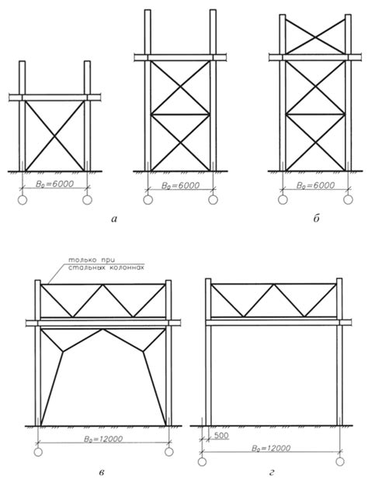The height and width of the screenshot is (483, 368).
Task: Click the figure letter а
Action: coord(114,219)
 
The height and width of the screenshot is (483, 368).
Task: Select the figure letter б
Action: coord(316,219)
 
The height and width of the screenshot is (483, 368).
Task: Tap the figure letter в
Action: coord(102,472)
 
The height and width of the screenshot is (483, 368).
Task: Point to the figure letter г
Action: coord(272,472)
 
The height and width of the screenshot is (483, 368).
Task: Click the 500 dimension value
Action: coord(220,436)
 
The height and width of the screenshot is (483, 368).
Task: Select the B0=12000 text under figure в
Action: coord(103,439)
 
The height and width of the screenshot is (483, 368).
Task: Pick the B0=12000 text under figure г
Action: coord(271,448)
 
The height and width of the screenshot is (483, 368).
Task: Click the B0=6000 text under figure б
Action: coord(315,185)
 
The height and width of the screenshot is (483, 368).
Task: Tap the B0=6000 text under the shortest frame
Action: coord(54,185)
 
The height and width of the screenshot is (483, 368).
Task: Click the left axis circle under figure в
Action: coord(38,452)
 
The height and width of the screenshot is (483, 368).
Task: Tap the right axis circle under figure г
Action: coord(340,461)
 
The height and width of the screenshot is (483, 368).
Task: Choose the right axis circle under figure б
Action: coord(349,199)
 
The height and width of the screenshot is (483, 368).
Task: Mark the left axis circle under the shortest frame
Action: coord(23,200)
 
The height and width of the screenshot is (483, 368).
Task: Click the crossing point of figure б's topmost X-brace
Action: coord(315,36)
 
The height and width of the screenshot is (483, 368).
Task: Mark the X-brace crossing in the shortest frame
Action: coord(54,136)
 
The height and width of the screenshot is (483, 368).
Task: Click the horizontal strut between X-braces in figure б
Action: coord(315,115)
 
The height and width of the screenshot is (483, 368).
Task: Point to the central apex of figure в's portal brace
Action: coord(103,329)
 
